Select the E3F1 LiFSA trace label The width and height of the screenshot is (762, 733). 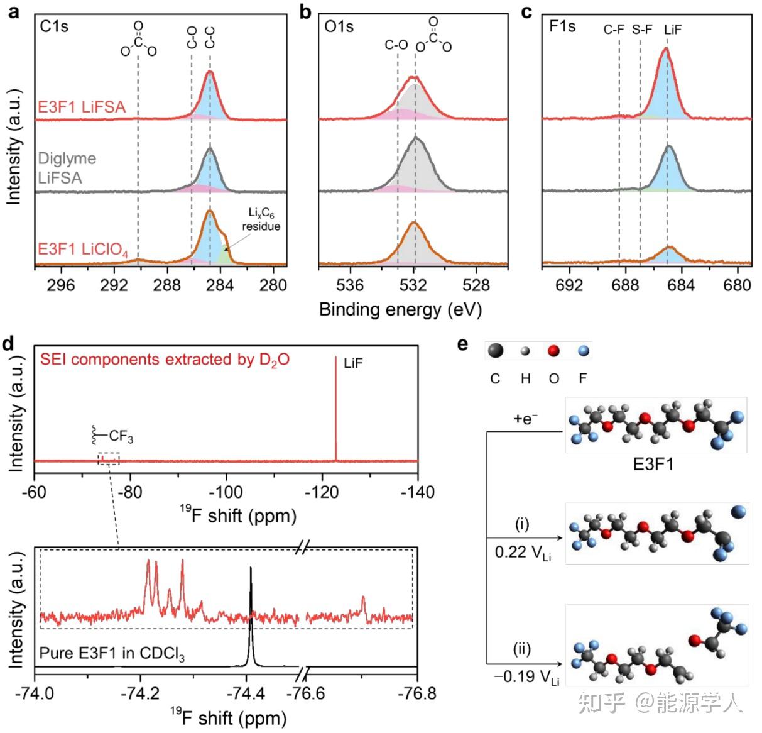[x=82, y=107]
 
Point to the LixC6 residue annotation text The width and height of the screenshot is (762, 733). [x=261, y=220]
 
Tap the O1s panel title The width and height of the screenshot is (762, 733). [x=339, y=27]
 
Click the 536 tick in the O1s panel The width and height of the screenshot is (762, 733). [x=350, y=285]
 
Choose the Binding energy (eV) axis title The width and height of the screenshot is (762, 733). [x=400, y=309]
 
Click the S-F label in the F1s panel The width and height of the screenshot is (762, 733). [x=642, y=30]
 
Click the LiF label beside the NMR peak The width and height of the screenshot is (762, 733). [x=353, y=363]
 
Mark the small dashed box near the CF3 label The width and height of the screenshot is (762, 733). [x=109, y=458]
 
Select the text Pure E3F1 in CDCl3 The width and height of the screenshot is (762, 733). [x=112, y=654]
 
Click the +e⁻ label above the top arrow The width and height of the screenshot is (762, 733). [x=525, y=419]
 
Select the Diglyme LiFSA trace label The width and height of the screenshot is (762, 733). [x=67, y=168]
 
